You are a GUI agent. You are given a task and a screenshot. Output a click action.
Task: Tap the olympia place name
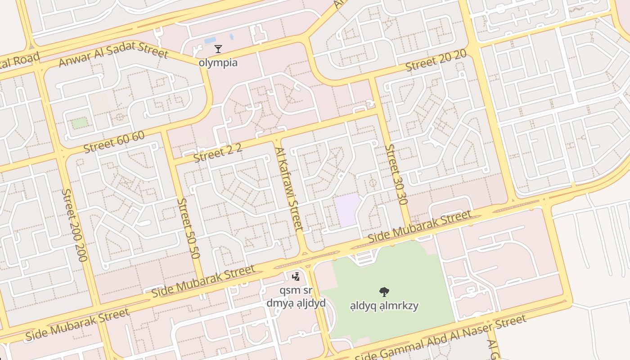(x=218, y=63)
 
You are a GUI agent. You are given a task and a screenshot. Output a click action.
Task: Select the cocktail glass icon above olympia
(x=218, y=49)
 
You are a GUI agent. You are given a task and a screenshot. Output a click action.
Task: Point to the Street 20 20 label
(x=436, y=61)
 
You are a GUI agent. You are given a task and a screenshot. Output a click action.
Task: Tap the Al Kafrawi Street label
(x=289, y=189)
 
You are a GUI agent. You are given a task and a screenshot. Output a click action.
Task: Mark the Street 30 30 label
(x=396, y=174)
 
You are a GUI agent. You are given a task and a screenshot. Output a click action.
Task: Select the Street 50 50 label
(x=188, y=228)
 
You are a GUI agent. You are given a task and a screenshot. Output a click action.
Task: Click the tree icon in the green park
(x=384, y=292)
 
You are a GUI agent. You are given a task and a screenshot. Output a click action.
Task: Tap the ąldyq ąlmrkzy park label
(x=384, y=306)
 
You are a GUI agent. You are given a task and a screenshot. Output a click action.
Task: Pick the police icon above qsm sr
(x=296, y=276)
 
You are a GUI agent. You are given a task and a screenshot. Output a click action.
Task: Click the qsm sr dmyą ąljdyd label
(x=296, y=297)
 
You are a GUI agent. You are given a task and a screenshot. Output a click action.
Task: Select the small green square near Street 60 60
(x=80, y=122)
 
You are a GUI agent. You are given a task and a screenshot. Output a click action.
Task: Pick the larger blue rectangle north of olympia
(x=210, y=40)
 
